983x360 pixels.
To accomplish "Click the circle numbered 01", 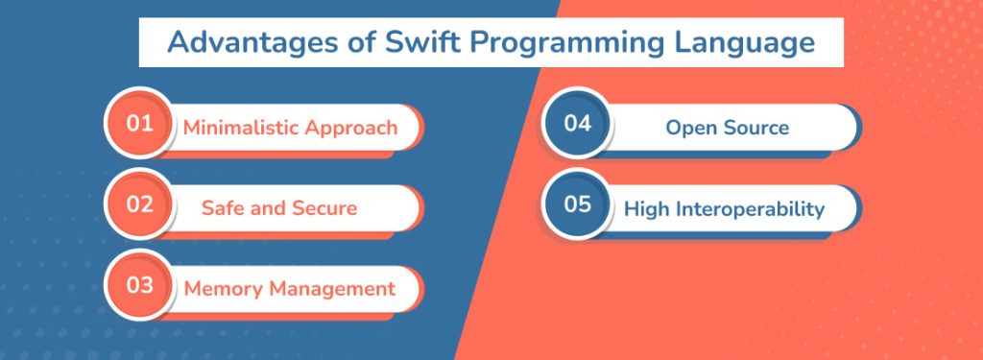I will [x=139, y=124].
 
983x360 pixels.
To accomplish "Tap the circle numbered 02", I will [x=139, y=205].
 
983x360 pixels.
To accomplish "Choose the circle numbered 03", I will [x=139, y=286].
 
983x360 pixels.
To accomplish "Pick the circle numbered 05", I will [x=577, y=205].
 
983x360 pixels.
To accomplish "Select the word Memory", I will [x=223, y=289].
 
